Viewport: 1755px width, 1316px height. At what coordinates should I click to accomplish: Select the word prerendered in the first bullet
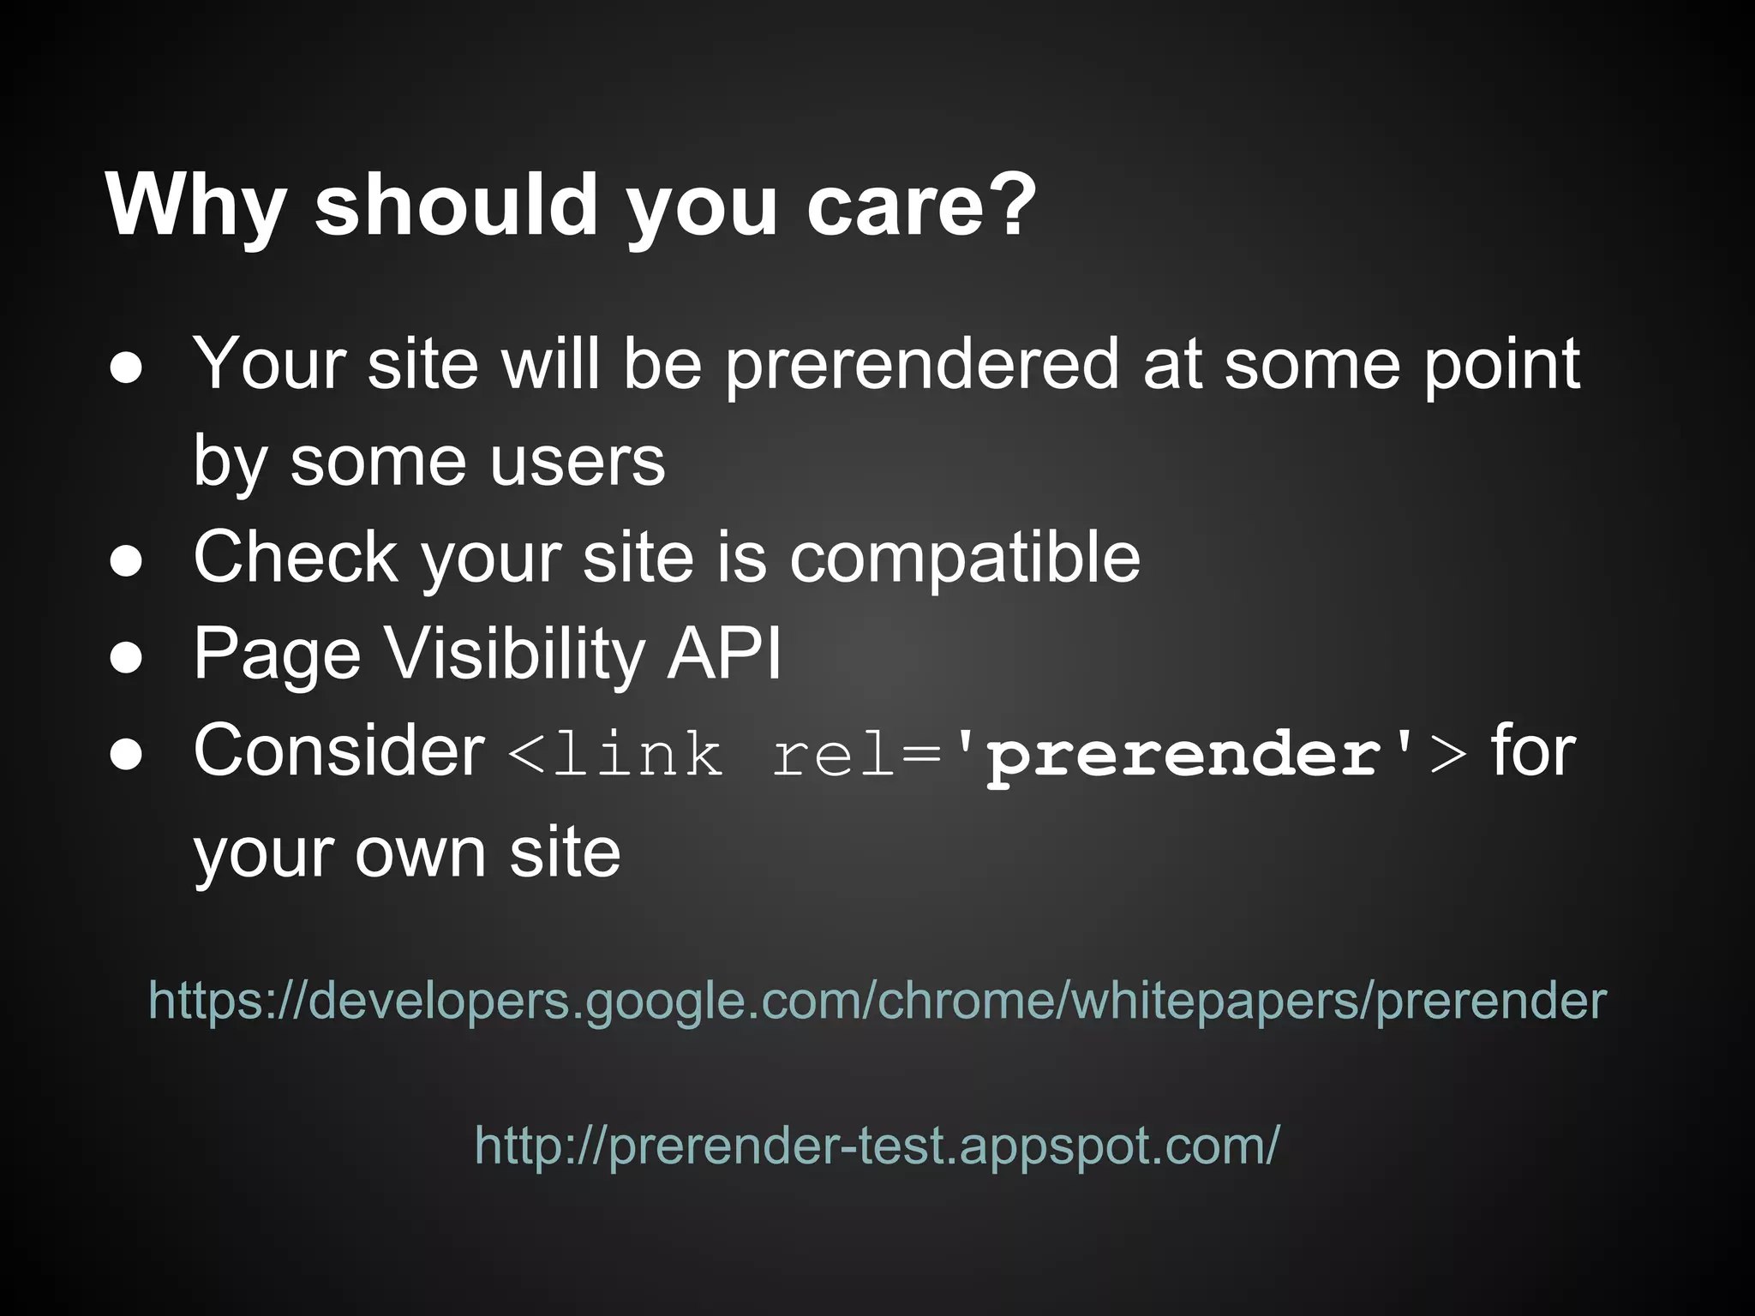click(x=922, y=365)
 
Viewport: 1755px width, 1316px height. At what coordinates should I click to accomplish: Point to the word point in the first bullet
click(x=1501, y=365)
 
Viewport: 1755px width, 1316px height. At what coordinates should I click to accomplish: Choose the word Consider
click(x=339, y=751)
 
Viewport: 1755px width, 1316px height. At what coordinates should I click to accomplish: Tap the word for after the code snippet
click(x=1533, y=751)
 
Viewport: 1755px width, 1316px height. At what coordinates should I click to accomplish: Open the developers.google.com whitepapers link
click(x=877, y=1000)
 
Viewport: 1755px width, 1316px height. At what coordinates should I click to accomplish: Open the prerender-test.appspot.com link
click(x=877, y=1145)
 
